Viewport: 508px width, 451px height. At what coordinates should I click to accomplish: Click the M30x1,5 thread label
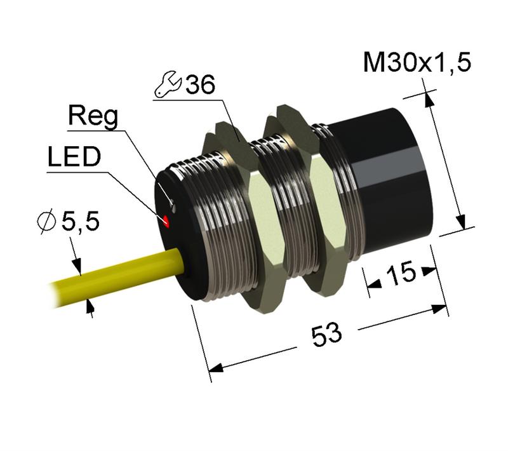pos(417,64)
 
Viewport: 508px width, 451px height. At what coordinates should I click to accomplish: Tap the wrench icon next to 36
pos(168,86)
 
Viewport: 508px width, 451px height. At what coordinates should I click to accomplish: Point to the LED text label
pos(74,156)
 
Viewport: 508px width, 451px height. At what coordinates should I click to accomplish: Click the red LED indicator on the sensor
pos(166,221)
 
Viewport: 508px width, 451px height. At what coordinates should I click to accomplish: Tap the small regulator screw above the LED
pos(171,205)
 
